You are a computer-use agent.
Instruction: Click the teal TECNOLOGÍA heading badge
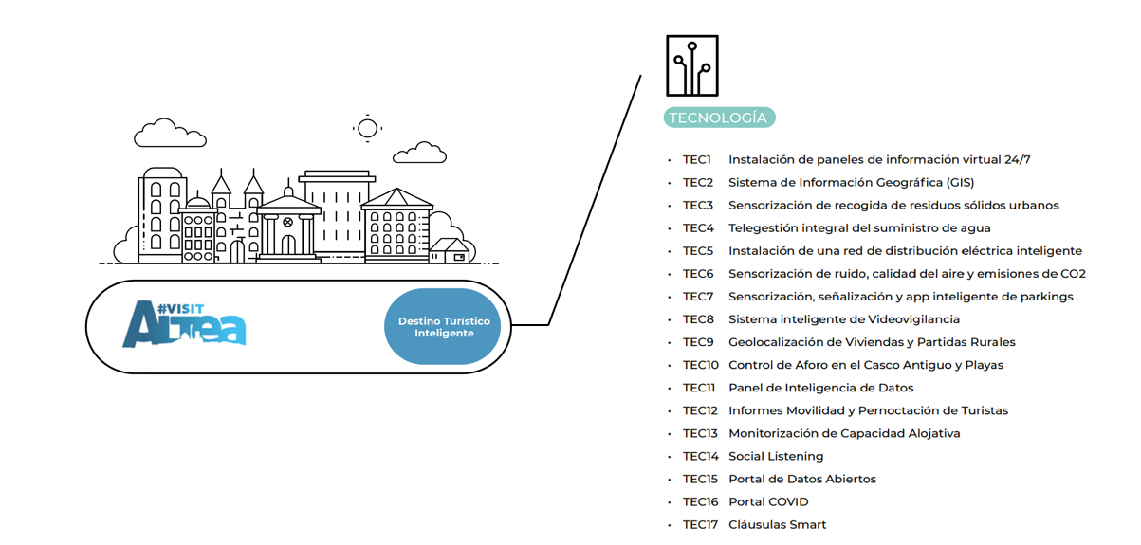(x=720, y=118)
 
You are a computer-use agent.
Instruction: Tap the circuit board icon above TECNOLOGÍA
(x=691, y=66)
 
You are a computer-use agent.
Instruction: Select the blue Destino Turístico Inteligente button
(x=443, y=327)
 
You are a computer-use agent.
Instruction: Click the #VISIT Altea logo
(x=184, y=324)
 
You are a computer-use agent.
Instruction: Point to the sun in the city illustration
(x=367, y=127)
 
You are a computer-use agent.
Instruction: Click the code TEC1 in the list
(x=697, y=160)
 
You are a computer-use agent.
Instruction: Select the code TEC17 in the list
(x=700, y=525)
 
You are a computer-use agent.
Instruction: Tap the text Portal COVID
(x=768, y=502)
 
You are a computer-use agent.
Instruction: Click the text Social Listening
(x=776, y=457)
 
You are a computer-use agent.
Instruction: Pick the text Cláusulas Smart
(x=777, y=525)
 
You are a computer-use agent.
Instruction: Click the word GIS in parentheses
(x=957, y=183)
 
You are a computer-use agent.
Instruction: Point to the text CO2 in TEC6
(x=1073, y=274)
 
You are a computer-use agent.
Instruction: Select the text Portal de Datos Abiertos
(x=802, y=480)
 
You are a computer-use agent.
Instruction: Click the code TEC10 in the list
(x=701, y=365)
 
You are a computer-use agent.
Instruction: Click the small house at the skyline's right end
(x=450, y=250)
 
